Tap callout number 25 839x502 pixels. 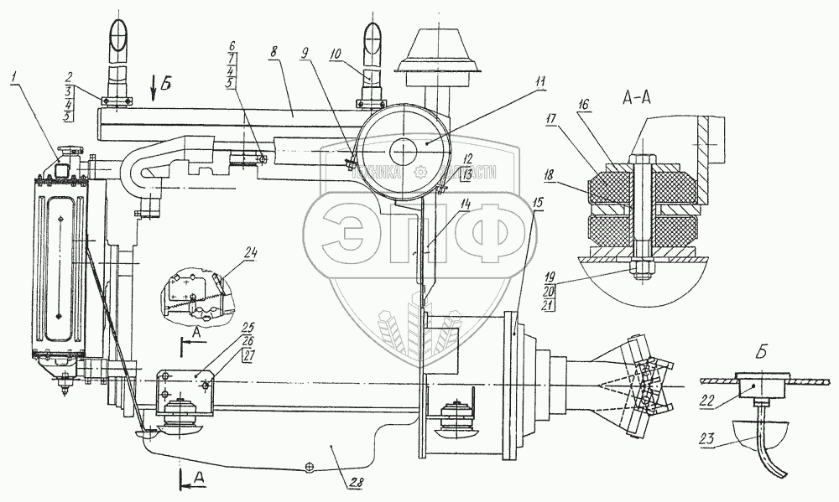tap(227, 328)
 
